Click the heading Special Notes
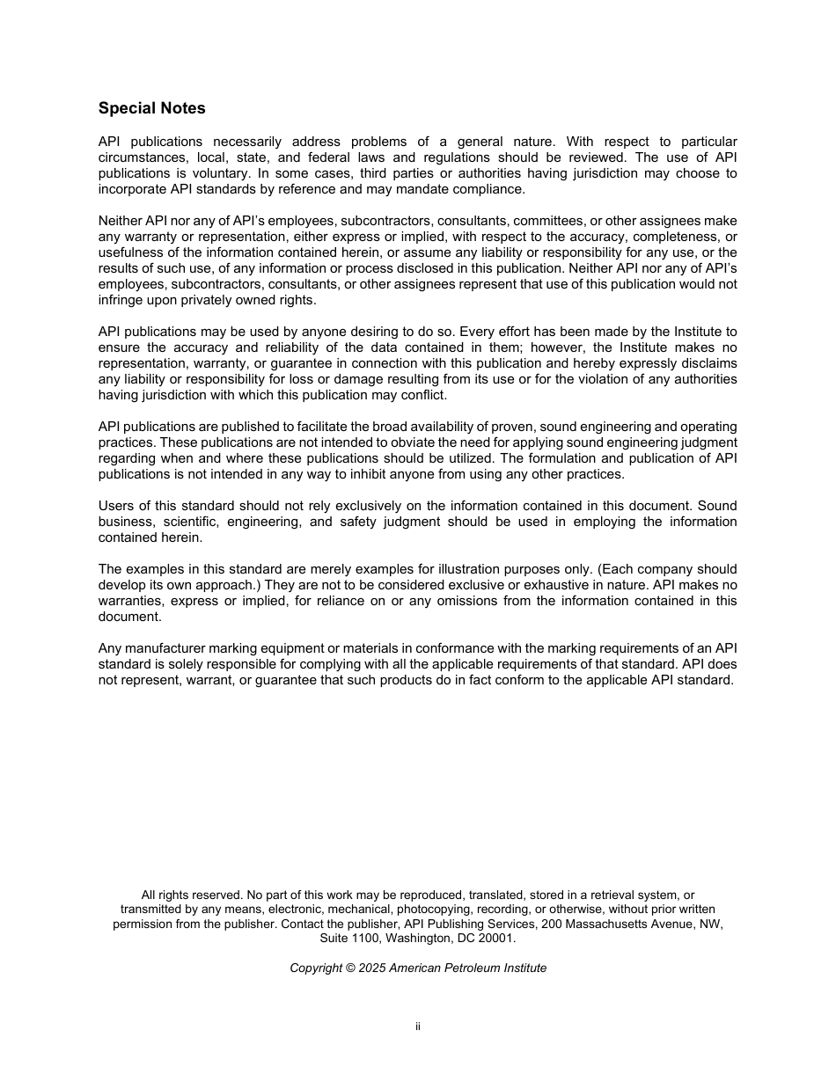[x=151, y=108]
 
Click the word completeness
[x=686, y=237]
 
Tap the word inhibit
[x=369, y=474]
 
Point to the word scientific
[x=182, y=522]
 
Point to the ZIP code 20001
[x=496, y=939]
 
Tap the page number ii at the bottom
[x=418, y=1027]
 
